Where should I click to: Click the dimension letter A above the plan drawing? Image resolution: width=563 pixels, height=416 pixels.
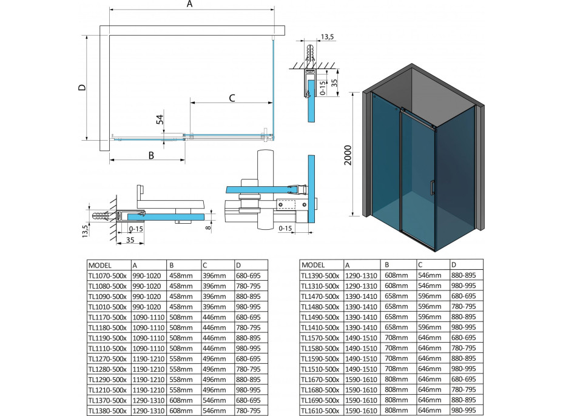[189, 5]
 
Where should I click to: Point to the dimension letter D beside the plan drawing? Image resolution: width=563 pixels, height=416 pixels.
[83, 87]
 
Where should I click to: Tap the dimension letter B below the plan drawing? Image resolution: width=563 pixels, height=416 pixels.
[150, 155]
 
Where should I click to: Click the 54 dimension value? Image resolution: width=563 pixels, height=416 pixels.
[161, 119]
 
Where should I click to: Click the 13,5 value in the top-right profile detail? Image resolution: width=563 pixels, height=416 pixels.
[327, 38]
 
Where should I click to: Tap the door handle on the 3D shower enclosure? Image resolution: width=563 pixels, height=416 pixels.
[431, 187]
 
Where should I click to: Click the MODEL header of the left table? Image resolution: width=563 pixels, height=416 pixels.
[101, 265]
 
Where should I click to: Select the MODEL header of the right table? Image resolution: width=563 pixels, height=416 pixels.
[314, 264]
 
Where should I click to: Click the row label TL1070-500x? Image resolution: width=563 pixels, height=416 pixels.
[108, 275]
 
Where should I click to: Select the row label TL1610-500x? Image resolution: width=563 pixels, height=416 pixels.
[322, 411]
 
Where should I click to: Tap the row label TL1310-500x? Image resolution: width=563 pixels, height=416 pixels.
[322, 285]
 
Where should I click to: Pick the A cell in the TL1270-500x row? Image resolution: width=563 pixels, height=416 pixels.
[147, 358]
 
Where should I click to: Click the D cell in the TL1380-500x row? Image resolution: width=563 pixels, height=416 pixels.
[249, 410]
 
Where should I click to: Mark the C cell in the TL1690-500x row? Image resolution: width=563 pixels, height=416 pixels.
[430, 400]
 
